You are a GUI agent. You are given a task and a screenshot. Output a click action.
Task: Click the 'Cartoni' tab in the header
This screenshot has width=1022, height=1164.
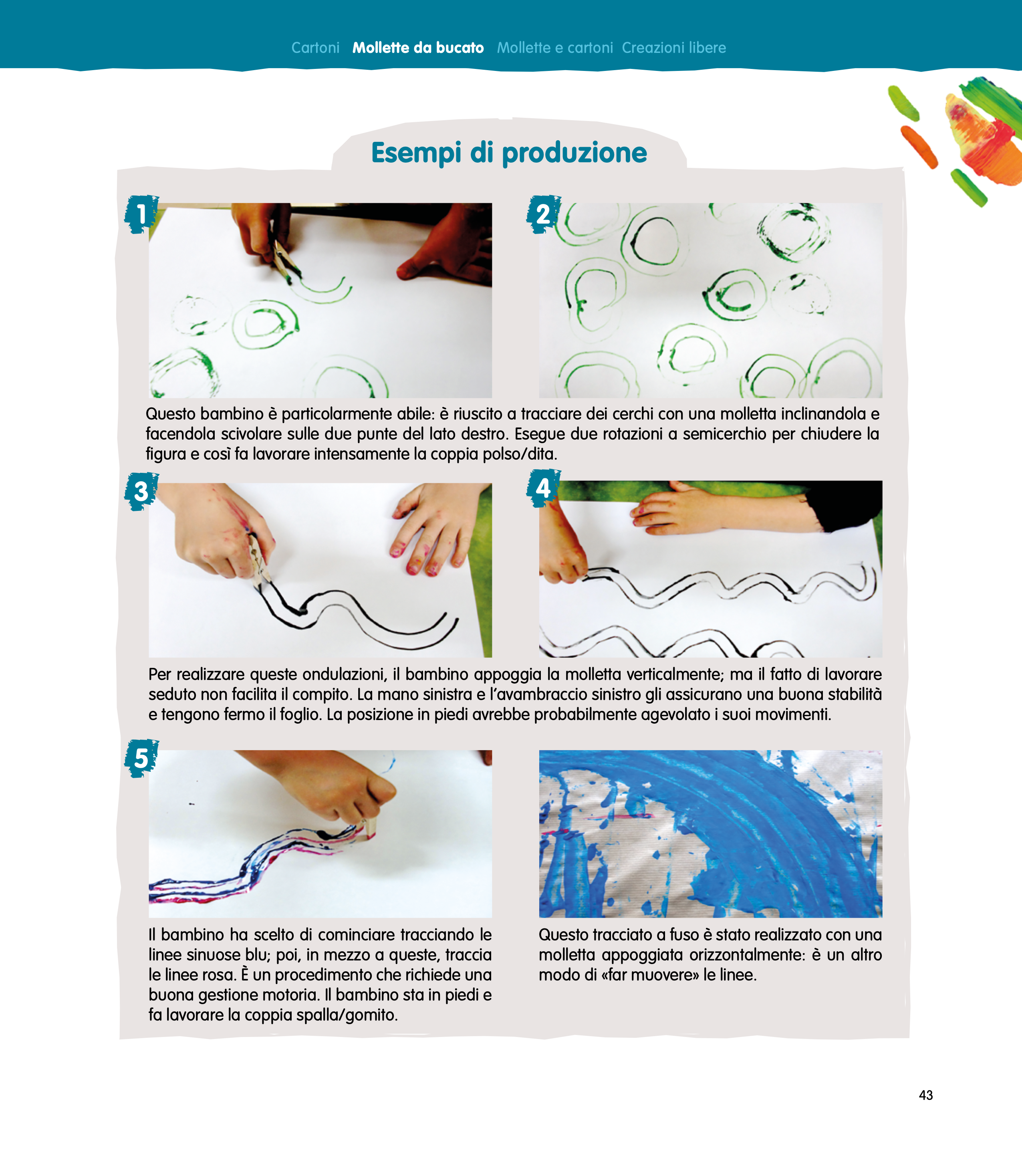[315, 48]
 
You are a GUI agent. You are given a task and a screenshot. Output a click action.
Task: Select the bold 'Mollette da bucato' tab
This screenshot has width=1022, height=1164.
[418, 48]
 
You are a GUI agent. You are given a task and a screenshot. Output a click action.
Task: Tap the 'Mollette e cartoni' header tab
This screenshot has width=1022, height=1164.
[555, 48]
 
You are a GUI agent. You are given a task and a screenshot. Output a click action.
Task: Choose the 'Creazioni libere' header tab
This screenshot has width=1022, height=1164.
[673, 48]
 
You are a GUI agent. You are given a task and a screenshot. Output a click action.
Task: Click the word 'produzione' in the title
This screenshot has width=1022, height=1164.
[574, 153]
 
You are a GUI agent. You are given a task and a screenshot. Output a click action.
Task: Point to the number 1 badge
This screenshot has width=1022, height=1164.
[141, 215]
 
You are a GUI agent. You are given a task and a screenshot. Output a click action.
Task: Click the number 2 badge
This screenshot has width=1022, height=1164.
[543, 215]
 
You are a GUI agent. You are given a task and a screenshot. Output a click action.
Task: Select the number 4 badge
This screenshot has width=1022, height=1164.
[543, 488]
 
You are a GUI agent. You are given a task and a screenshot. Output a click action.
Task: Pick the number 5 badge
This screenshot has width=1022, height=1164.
[141, 759]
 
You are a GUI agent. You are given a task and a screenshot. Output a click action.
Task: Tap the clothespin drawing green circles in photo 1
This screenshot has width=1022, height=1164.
[284, 259]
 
